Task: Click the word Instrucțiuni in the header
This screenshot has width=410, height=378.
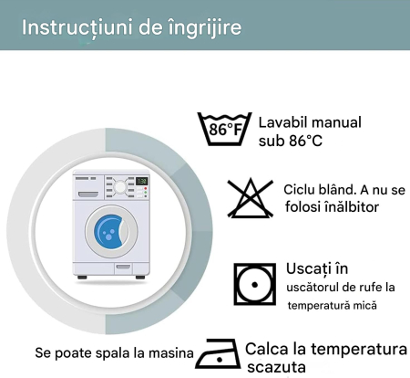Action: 77,28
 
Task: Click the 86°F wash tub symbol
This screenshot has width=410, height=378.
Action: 224,129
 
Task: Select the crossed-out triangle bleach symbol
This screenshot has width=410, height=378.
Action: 251,198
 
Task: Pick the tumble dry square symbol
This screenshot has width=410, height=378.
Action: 255,285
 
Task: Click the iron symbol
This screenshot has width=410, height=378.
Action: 218,353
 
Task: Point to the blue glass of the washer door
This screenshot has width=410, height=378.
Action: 109,231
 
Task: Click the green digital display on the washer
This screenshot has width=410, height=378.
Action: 141,181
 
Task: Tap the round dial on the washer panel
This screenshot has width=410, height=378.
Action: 120,187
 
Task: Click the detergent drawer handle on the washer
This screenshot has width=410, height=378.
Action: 88,194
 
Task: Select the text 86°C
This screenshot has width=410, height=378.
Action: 305,141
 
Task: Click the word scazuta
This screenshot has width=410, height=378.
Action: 276,367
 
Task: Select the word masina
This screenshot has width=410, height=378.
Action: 171,353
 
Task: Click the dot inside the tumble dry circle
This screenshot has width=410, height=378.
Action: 255,285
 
